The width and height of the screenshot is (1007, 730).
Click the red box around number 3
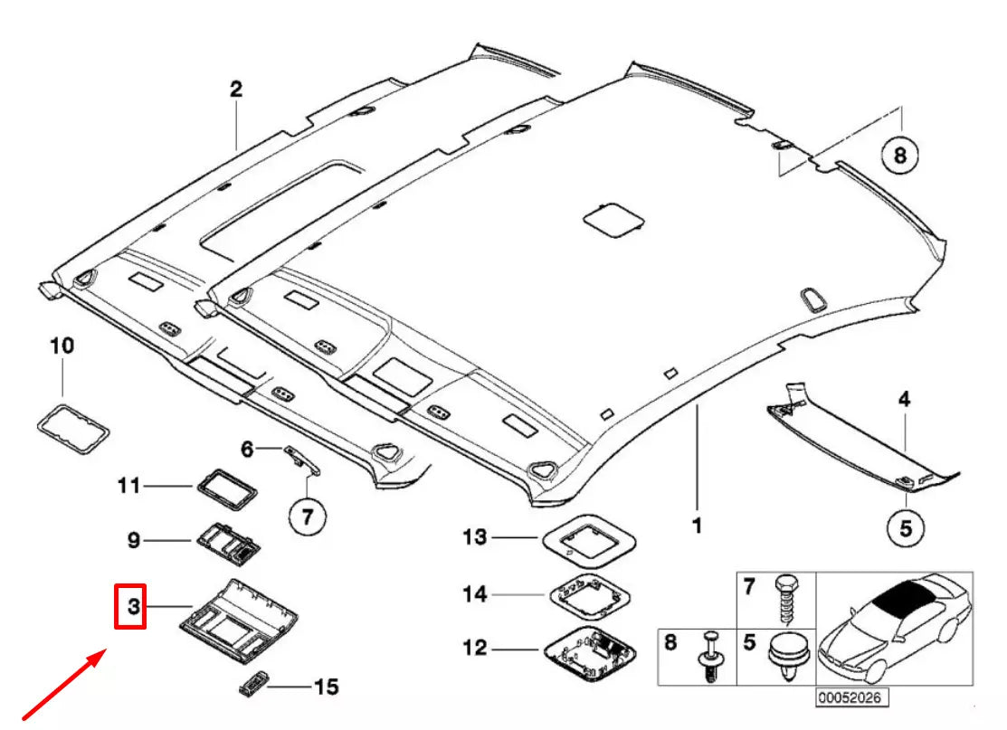132,606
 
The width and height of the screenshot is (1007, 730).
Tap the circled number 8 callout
899,156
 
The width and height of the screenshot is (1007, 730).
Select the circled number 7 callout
307,517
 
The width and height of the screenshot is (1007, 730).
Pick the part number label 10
62,346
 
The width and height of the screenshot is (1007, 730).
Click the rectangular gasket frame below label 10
73,430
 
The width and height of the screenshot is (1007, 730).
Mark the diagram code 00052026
849,698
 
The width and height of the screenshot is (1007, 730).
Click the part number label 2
235,90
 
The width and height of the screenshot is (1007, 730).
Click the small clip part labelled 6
302,457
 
